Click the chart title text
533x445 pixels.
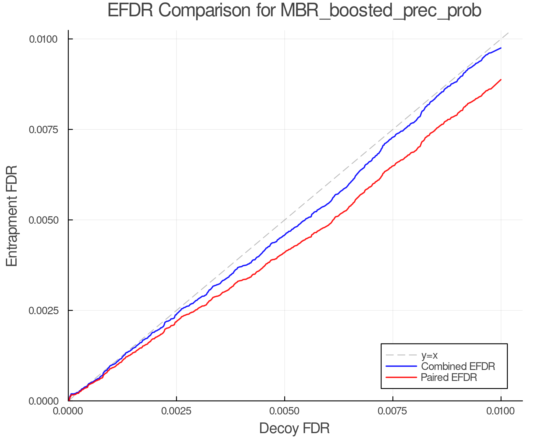pyautogui.click(x=294, y=11)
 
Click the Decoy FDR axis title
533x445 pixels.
pyautogui.click(x=294, y=428)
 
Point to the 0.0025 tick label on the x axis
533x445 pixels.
pyautogui.click(x=176, y=411)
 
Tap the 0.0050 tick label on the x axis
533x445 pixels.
pyautogui.click(x=285, y=411)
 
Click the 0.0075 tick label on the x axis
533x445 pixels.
pyautogui.click(x=393, y=411)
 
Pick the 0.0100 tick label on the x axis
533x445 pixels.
pyautogui.click(x=501, y=411)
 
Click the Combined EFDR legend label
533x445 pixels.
pyautogui.click(x=458, y=366)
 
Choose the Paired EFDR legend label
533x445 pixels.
pyautogui.click(x=449, y=377)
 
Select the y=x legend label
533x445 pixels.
pyautogui.click(x=429, y=355)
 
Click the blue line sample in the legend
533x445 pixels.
pyautogui.click(x=401, y=366)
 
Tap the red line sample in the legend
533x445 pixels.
pyautogui.click(x=401, y=377)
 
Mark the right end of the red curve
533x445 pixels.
pyautogui.click(x=501, y=80)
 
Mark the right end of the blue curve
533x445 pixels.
pyautogui.click(x=501, y=48)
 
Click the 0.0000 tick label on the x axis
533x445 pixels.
pyautogui.click(x=68, y=411)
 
